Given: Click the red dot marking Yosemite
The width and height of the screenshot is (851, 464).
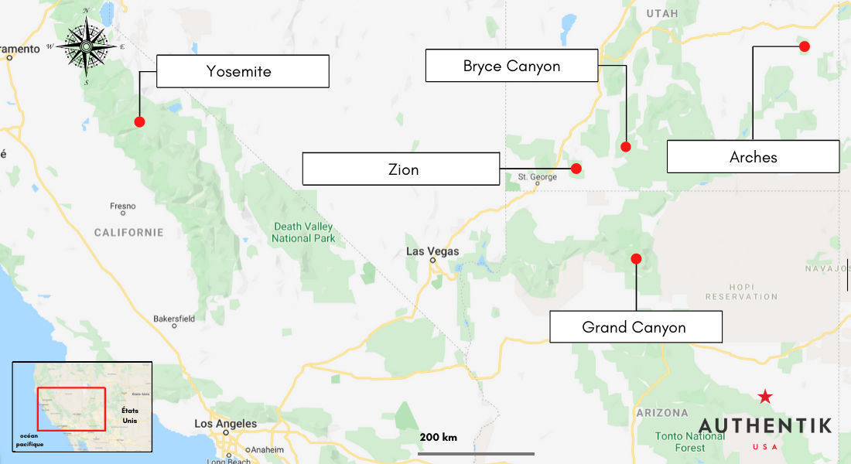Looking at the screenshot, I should coord(139,121).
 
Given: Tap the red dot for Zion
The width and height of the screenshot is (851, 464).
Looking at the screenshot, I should coord(576,169).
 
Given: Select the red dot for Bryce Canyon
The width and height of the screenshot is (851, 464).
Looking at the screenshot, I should coord(626,147).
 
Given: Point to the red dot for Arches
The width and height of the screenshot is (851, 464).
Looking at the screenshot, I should coord(805,46).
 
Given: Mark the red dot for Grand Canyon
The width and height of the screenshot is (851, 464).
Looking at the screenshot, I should coord(636,259).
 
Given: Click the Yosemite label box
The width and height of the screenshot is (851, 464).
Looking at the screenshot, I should coord(242,71).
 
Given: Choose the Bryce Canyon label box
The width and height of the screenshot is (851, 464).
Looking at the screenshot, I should coord(511,66).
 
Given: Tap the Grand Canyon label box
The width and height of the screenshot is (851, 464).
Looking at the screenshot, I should coord(635,327).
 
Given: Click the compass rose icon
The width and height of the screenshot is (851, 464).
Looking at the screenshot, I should coord(85,46).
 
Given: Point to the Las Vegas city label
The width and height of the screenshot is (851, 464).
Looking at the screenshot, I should coord(432,251).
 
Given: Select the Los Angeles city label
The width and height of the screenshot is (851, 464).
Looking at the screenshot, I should coord(225,424).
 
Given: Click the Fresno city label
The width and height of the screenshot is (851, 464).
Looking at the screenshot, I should coord(122,206).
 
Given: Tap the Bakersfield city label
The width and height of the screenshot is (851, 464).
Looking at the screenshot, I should coord(174,318).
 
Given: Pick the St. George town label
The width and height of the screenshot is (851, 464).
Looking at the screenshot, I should coord(537,177).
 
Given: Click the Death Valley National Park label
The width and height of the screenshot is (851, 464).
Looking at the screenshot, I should coord(303,233).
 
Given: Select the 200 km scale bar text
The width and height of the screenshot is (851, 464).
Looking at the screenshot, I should coord(439,438).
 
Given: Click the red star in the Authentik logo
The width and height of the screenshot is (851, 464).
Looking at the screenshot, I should coord(765,397).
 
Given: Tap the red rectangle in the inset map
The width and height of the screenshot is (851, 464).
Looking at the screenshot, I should coord(71,409).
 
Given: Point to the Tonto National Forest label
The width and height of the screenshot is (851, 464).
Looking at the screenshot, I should coord(690,442).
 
